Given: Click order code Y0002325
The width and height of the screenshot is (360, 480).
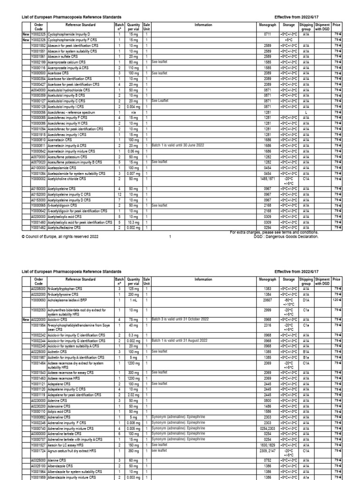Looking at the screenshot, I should click(x=38, y=35).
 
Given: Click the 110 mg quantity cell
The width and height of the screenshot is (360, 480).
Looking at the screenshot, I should click(x=133, y=67).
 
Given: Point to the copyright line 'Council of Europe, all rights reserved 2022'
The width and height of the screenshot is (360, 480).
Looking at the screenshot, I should click(x=60, y=237).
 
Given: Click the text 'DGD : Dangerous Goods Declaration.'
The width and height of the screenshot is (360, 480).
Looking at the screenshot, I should click(x=285, y=237).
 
